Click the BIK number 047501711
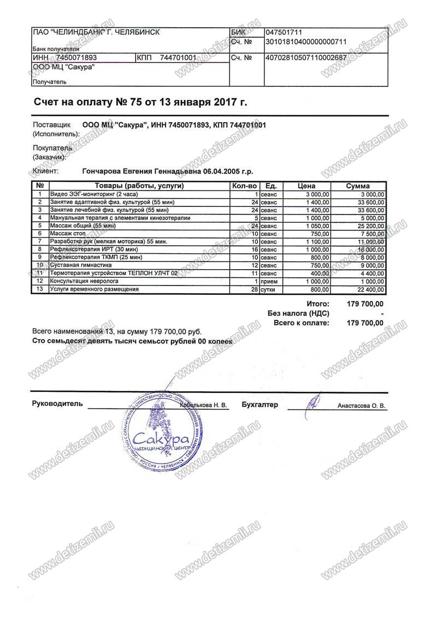(283, 32)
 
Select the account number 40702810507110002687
(306, 57)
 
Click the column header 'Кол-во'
(244, 186)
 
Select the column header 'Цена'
(306, 186)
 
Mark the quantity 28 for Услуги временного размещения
(253, 289)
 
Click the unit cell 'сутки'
(269, 289)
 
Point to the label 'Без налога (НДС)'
(298, 313)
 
